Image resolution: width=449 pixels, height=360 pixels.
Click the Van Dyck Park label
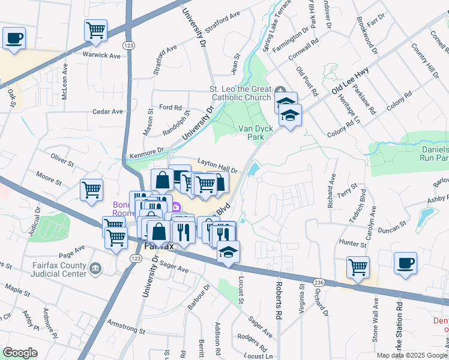pyautogui.click(x=252, y=133)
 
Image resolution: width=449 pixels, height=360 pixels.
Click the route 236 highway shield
pyautogui.click(x=318, y=283)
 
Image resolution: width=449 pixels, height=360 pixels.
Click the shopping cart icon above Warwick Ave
pyautogui.click(x=96, y=30)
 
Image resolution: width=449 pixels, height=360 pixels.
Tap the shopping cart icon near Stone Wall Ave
pyautogui.click(x=358, y=266)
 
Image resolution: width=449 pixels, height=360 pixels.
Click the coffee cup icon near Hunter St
pyautogui.click(x=405, y=262)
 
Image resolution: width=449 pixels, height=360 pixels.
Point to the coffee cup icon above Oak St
pyautogui.click(x=14, y=38)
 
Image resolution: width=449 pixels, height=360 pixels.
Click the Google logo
pyautogui.click(x=20, y=353)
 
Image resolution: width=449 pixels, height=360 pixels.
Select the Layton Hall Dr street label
pyautogui.click(x=218, y=166)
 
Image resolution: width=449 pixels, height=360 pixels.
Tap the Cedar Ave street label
pyautogui.click(x=107, y=112)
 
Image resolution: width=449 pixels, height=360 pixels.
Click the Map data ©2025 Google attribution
pyautogui.click(x=412, y=355)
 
